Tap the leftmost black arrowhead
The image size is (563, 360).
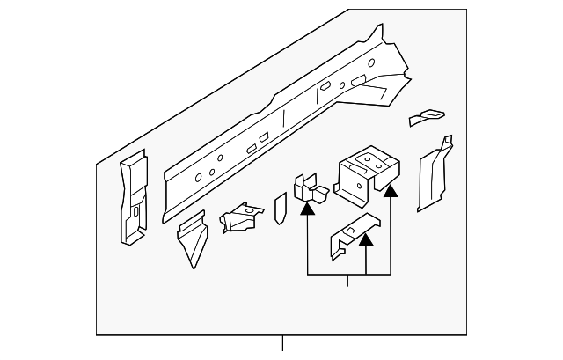[x=307, y=209]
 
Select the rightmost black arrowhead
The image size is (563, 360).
[x=390, y=187]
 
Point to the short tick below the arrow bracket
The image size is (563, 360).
[x=349, y=282]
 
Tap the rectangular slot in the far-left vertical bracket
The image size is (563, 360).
[x=135, y=211]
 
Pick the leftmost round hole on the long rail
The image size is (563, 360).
[x=198, y=178]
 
